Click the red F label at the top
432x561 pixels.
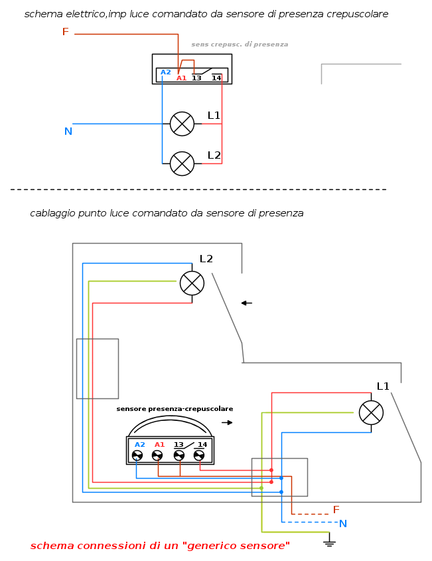pos(65,32)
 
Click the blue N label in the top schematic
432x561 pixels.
pos(68,131)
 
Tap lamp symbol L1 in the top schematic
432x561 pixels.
pos(182,123)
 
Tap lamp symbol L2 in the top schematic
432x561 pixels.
pos(182,163)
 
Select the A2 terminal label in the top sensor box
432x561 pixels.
pos(165,72)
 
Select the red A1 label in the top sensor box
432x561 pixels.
pos(181,78)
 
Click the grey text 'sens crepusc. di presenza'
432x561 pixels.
pos(240,44)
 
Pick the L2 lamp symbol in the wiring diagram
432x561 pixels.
pos(192,283)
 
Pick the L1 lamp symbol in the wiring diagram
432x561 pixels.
pos(371,412)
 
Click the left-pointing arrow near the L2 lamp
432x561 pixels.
pos(246,303)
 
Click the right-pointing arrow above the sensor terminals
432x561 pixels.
pos(228,422)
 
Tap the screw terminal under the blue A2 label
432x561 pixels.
pos(137,455)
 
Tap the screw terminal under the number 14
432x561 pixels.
pos(199,455)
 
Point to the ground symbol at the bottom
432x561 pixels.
pos(328,543)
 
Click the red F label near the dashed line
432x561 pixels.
pos(336,510)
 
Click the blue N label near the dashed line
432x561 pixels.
pos(342,524)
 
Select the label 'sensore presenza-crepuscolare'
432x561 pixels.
pos(175,409)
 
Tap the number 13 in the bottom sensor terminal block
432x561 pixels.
pos(179,445)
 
